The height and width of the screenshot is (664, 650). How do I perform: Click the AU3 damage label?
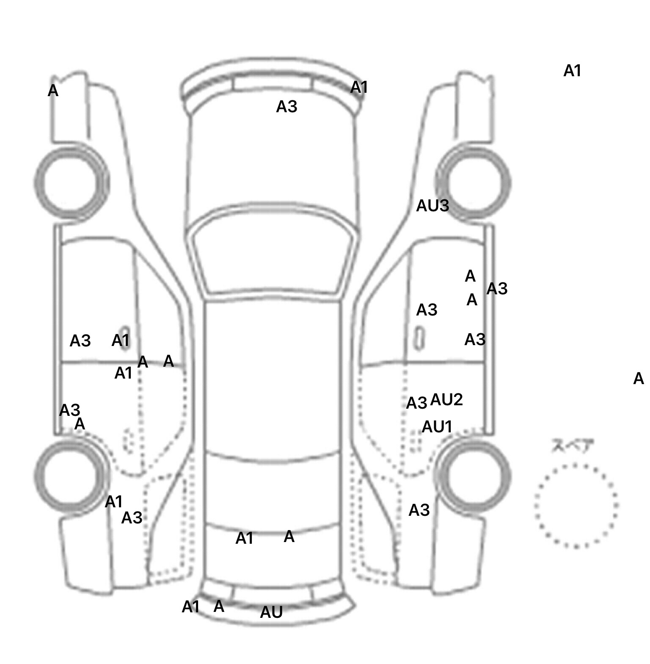(432, 206)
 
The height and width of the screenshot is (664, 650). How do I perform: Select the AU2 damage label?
(446, 399)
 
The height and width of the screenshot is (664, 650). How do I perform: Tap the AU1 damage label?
(437, 426)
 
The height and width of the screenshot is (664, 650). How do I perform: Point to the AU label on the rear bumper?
(271, 612)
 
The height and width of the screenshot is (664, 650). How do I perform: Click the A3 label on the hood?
(286, 107)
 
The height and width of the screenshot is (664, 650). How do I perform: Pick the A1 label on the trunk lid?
(244, 538)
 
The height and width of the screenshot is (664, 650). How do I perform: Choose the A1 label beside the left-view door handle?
(120, 340)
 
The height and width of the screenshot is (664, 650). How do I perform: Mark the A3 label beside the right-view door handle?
(427, 310)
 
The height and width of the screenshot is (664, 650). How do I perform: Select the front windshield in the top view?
(273, 254)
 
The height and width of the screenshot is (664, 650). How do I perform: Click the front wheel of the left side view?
(71, 182)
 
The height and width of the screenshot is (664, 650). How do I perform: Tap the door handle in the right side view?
(419, 338)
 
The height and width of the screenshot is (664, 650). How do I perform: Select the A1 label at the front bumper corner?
(359, 88)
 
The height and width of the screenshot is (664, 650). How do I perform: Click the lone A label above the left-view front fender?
(53, 91)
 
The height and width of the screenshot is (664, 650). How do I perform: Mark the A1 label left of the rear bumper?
(190, 607)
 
